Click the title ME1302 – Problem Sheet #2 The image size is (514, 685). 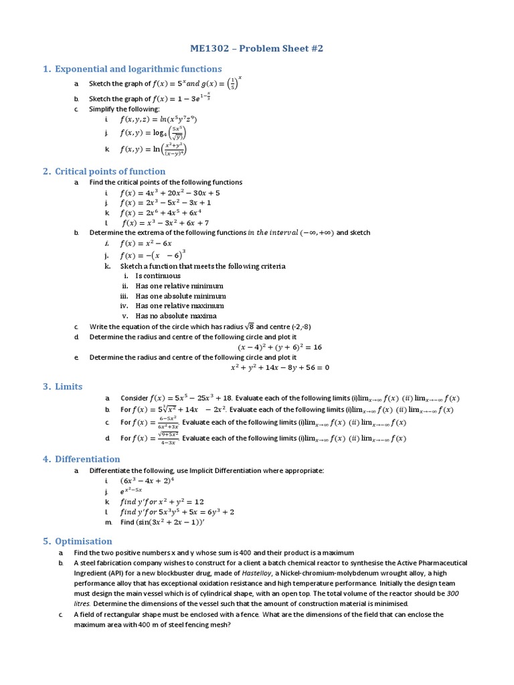(x=256, y=49)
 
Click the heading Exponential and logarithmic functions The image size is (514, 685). (x=138, y=69)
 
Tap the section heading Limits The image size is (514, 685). (x=69, y=387)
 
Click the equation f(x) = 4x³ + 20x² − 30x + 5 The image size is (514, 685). (x=170, y=193)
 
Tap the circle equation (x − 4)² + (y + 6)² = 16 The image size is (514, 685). (x=280, y=347)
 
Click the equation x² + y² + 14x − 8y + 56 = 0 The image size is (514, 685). (x=280, y=367)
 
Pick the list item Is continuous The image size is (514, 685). (x=158, y=276)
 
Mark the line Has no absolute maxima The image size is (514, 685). (x=176, y=316)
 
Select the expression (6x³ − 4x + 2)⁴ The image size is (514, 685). (x=147, y=481)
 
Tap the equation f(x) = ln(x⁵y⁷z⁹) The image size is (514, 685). (x=158, y=120)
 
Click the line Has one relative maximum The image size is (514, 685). (x=180, y=306)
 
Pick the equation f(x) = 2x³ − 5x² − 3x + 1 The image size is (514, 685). (x=166, y=203)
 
